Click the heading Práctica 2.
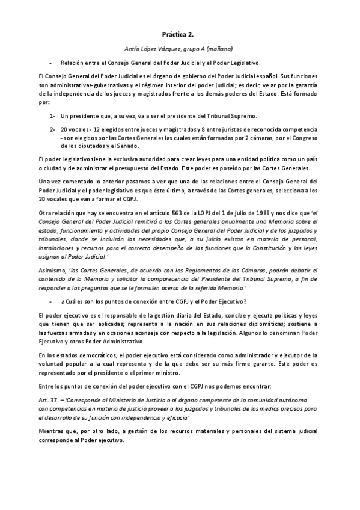click(180, 36)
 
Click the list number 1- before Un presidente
click(53, 115)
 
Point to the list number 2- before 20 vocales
click(53, 129)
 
